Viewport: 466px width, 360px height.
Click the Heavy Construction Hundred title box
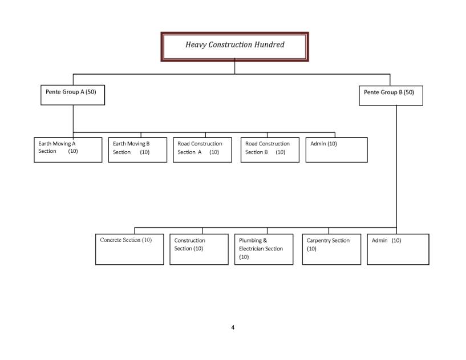click(234, 47)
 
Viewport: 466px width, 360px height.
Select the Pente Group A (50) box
click(72, 95)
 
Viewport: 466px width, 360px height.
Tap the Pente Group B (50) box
click(391, 95)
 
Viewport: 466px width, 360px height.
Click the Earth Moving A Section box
click(68, 150)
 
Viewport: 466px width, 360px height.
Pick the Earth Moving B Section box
click(137, 150)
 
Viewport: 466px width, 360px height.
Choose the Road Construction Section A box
click(202, 150)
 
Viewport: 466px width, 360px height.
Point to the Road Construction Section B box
click(270, 150)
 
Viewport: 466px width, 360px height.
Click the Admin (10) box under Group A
click(337, 150)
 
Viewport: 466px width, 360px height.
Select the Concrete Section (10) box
click(129, 249)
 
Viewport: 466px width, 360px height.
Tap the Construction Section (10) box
click(199, 249)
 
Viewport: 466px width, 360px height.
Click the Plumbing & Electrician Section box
click(264, 249)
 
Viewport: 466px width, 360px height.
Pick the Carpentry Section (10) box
click(331, 249)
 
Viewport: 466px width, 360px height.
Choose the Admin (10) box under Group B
click(398, 249)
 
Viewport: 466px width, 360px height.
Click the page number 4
click(233, 327)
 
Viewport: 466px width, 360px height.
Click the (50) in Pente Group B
click(409, 92)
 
